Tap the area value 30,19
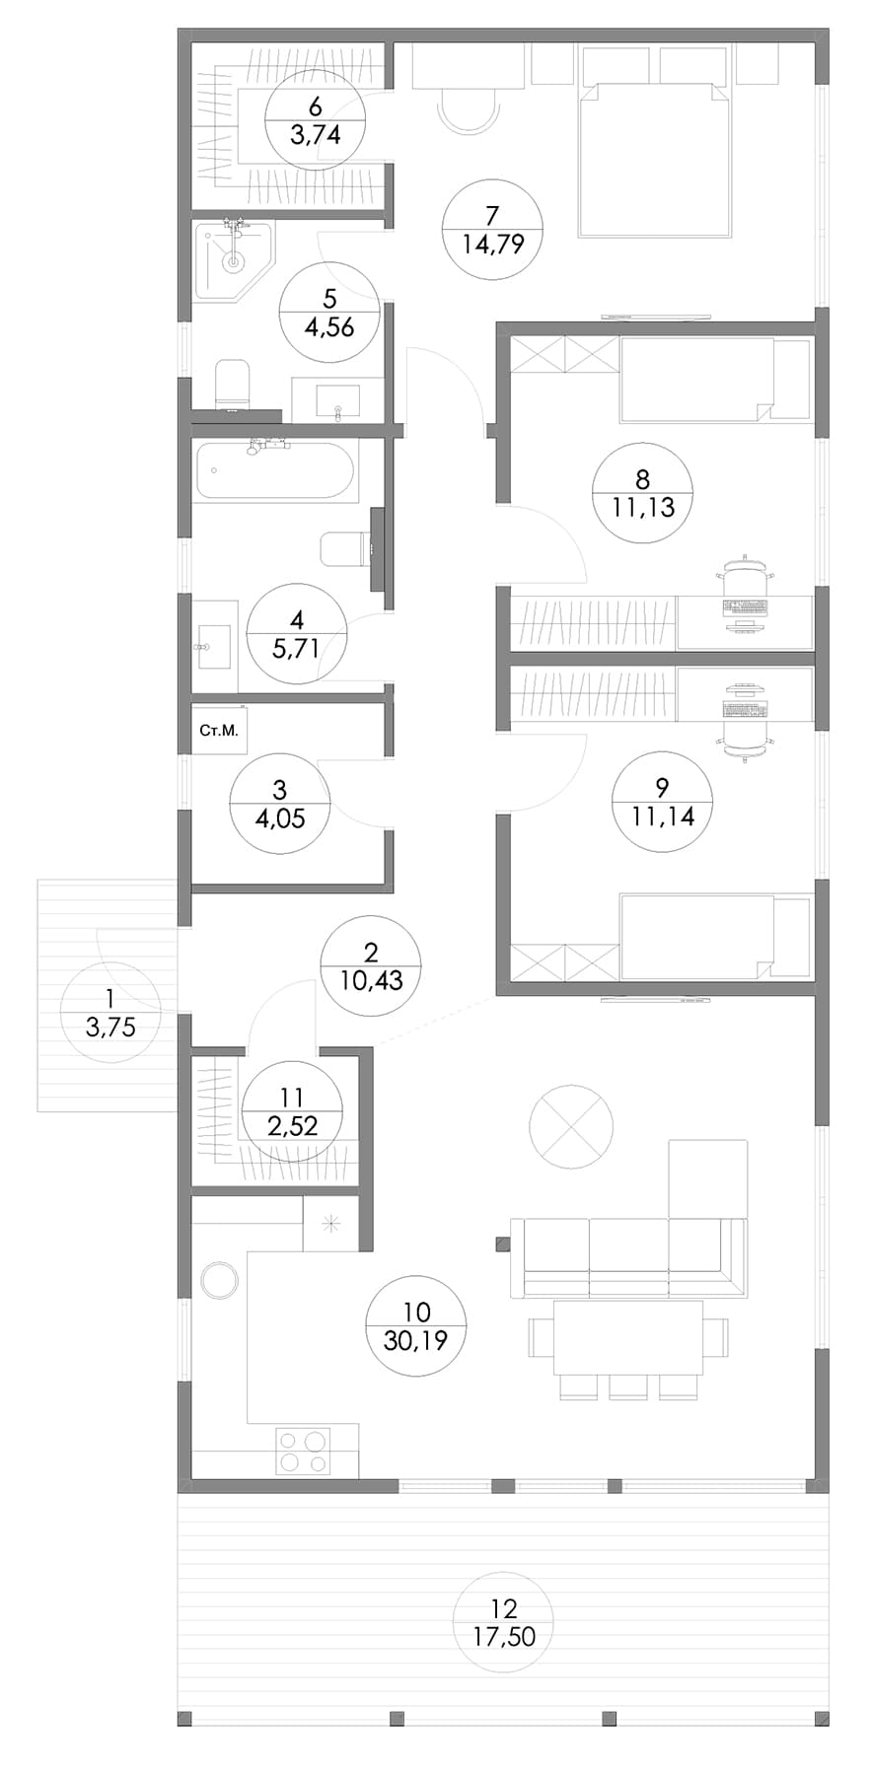coord(416,1340)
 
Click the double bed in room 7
coord(655,160)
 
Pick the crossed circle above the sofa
coord(571,1125)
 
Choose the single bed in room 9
coord(714,936)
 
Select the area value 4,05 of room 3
coord(280,817)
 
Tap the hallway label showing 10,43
coord(371,966)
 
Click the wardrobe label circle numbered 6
coord(316,120)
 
